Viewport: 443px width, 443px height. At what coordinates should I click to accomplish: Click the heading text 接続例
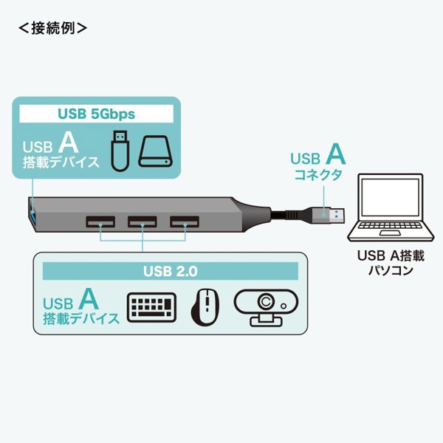(52, 29)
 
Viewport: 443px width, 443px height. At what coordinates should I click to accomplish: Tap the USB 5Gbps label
(96, 114)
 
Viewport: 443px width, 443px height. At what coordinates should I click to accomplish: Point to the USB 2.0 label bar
(170, 271)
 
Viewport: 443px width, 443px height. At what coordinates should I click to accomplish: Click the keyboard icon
(152, 307)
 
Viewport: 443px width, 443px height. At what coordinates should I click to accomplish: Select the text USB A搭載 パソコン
(390, 264)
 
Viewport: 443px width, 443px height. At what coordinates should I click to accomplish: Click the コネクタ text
(318, 175)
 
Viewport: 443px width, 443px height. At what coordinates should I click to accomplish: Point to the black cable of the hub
(292, 214)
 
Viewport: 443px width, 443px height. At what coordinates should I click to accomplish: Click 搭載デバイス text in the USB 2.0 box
(81, 319)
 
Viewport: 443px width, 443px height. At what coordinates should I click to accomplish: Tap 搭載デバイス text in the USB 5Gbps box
(61, 162)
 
